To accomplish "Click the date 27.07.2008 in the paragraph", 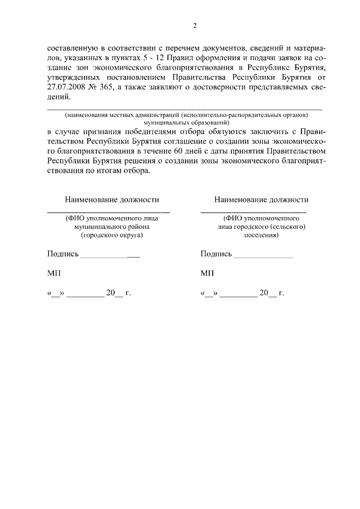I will (x=67, y=87).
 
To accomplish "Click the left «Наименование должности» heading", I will (x=112, y=200).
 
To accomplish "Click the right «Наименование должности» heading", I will (x=262, y=200).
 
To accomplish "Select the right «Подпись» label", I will (x=216, y=254).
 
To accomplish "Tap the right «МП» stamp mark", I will (x=207, y=273).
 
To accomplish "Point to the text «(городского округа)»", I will (x=112, y=236).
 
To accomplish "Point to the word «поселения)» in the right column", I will (x=260, y=236).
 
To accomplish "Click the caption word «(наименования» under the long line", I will (x=87, y=114).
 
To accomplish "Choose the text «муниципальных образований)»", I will (x=185, y=121).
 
